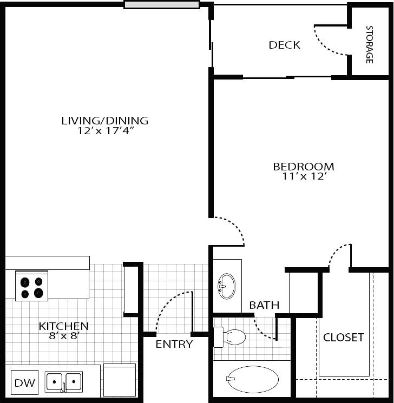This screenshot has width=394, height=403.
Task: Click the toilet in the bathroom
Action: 230,337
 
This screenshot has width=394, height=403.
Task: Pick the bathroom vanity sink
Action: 227,285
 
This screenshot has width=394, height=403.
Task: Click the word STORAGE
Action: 370,44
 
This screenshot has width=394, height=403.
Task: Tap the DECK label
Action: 284,45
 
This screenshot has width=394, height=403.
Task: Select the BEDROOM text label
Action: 303,167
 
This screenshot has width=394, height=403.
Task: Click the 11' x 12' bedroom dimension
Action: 303,176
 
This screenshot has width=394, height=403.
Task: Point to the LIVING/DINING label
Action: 104,121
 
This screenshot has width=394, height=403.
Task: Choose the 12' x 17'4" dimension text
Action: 104,130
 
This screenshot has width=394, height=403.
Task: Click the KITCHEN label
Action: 63,326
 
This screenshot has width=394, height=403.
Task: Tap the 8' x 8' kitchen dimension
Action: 63,336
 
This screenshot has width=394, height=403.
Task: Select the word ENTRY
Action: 174,345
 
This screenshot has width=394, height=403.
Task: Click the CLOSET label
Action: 343,338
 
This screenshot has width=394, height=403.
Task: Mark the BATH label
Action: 264,306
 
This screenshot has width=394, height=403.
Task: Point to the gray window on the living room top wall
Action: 161,5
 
